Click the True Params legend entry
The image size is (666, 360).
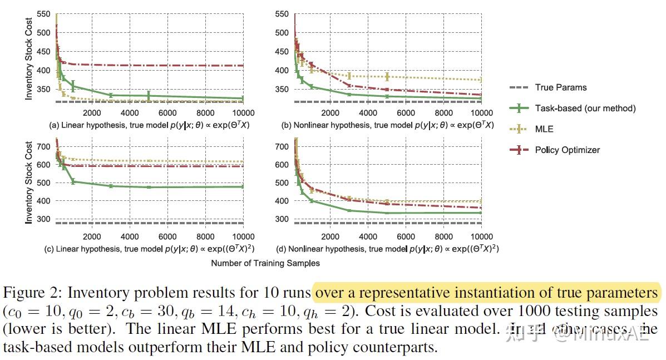[x=560, y=87]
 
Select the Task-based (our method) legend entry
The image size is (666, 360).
[x=585, y=108]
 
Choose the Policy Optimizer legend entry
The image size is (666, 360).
[x=567, y=150]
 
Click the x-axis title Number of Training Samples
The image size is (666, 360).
[x=265, y=263]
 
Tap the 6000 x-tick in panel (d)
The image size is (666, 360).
[x=405, y=236]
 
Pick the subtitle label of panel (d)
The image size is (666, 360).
[x=387, y=249]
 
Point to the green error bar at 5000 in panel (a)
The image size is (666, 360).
[x=149, y=96]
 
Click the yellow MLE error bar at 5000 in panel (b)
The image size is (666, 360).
[x=387, y=77]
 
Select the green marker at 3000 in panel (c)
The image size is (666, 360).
[x=111, y=186]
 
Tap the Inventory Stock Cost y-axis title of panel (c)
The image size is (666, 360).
[x=28, y=182]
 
